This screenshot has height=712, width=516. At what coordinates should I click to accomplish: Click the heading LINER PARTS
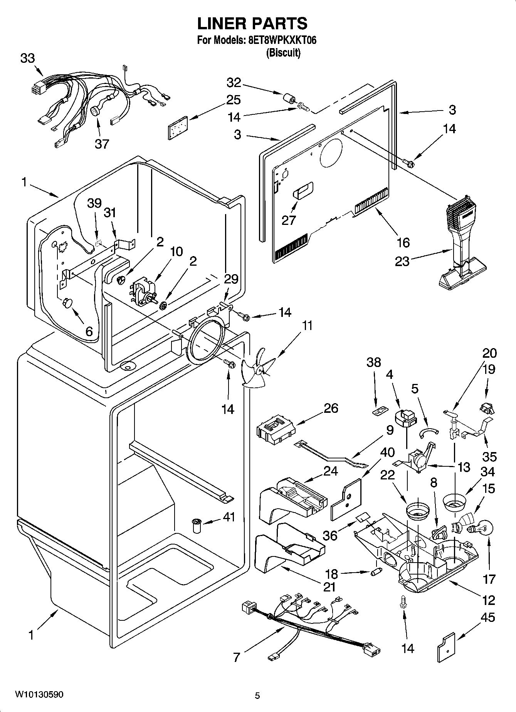coord(252,23)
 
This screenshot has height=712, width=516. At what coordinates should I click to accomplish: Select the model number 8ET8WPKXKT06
coord(280,40)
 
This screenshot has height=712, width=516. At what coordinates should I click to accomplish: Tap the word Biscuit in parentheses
coord(283,53)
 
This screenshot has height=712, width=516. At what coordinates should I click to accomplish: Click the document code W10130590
coord(39,694)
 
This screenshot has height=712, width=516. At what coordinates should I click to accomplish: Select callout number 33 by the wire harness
coord(27,59)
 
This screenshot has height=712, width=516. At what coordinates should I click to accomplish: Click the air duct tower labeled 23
coord(462,246)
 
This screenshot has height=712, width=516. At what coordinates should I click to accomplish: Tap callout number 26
coord(331,408)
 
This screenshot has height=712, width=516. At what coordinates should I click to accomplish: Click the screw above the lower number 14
coord(403,601)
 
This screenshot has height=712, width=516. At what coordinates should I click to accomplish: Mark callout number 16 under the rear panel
coord(403,242)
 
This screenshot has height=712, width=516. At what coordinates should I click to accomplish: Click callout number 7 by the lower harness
coord(237,658)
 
